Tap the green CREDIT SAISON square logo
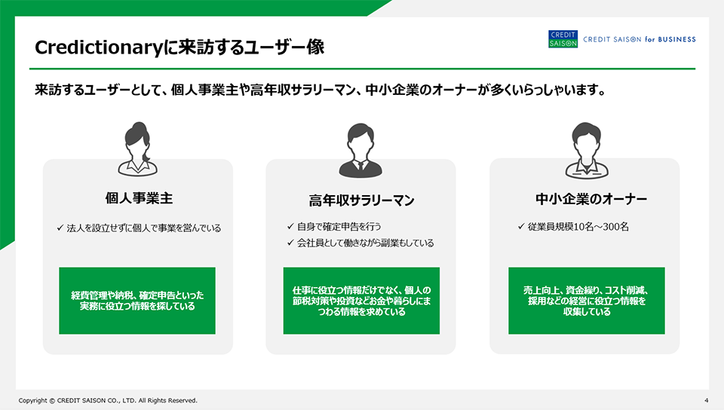tap(563, 39)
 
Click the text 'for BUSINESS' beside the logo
tap(670, 40)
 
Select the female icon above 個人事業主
tap(137, 149)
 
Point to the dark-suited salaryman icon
tap(360, 150)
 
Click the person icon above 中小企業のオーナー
tap(587, 150)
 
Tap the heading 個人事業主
tap(139, 198)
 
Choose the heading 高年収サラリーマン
tap(361, 200)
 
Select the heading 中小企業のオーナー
tap(591, 199)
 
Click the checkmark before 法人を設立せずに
tap(60, 228)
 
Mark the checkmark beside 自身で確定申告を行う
tap(290, 226)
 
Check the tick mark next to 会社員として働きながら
tap(290, 242)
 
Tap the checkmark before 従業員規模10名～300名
tap(521, 226)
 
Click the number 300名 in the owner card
tap(615, 226)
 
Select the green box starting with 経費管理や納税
tap(137, 301)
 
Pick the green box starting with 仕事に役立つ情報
tap(361, 301)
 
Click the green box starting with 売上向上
tap(587, 301)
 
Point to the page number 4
tap(707, 400)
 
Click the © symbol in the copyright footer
tap(52, 401)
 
